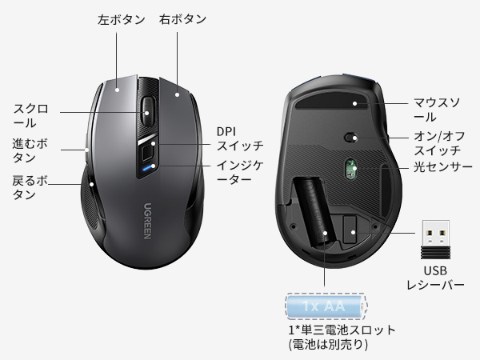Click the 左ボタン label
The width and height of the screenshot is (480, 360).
coord(120,18)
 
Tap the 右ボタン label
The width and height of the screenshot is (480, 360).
coord(183,18)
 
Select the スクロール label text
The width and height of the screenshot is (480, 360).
coord(31,115)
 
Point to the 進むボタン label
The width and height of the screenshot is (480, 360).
coord(30,151)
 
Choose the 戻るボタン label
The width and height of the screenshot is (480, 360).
coord(30,187)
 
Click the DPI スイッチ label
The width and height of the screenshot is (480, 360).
coord(240,138)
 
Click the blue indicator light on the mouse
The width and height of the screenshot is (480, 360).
coord(146,168)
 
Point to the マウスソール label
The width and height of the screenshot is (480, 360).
coord(436,110)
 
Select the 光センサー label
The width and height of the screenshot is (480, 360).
coord(442,168)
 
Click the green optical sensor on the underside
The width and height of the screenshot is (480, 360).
coord(350,168)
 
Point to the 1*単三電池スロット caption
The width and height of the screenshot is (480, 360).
coord(342,337)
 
